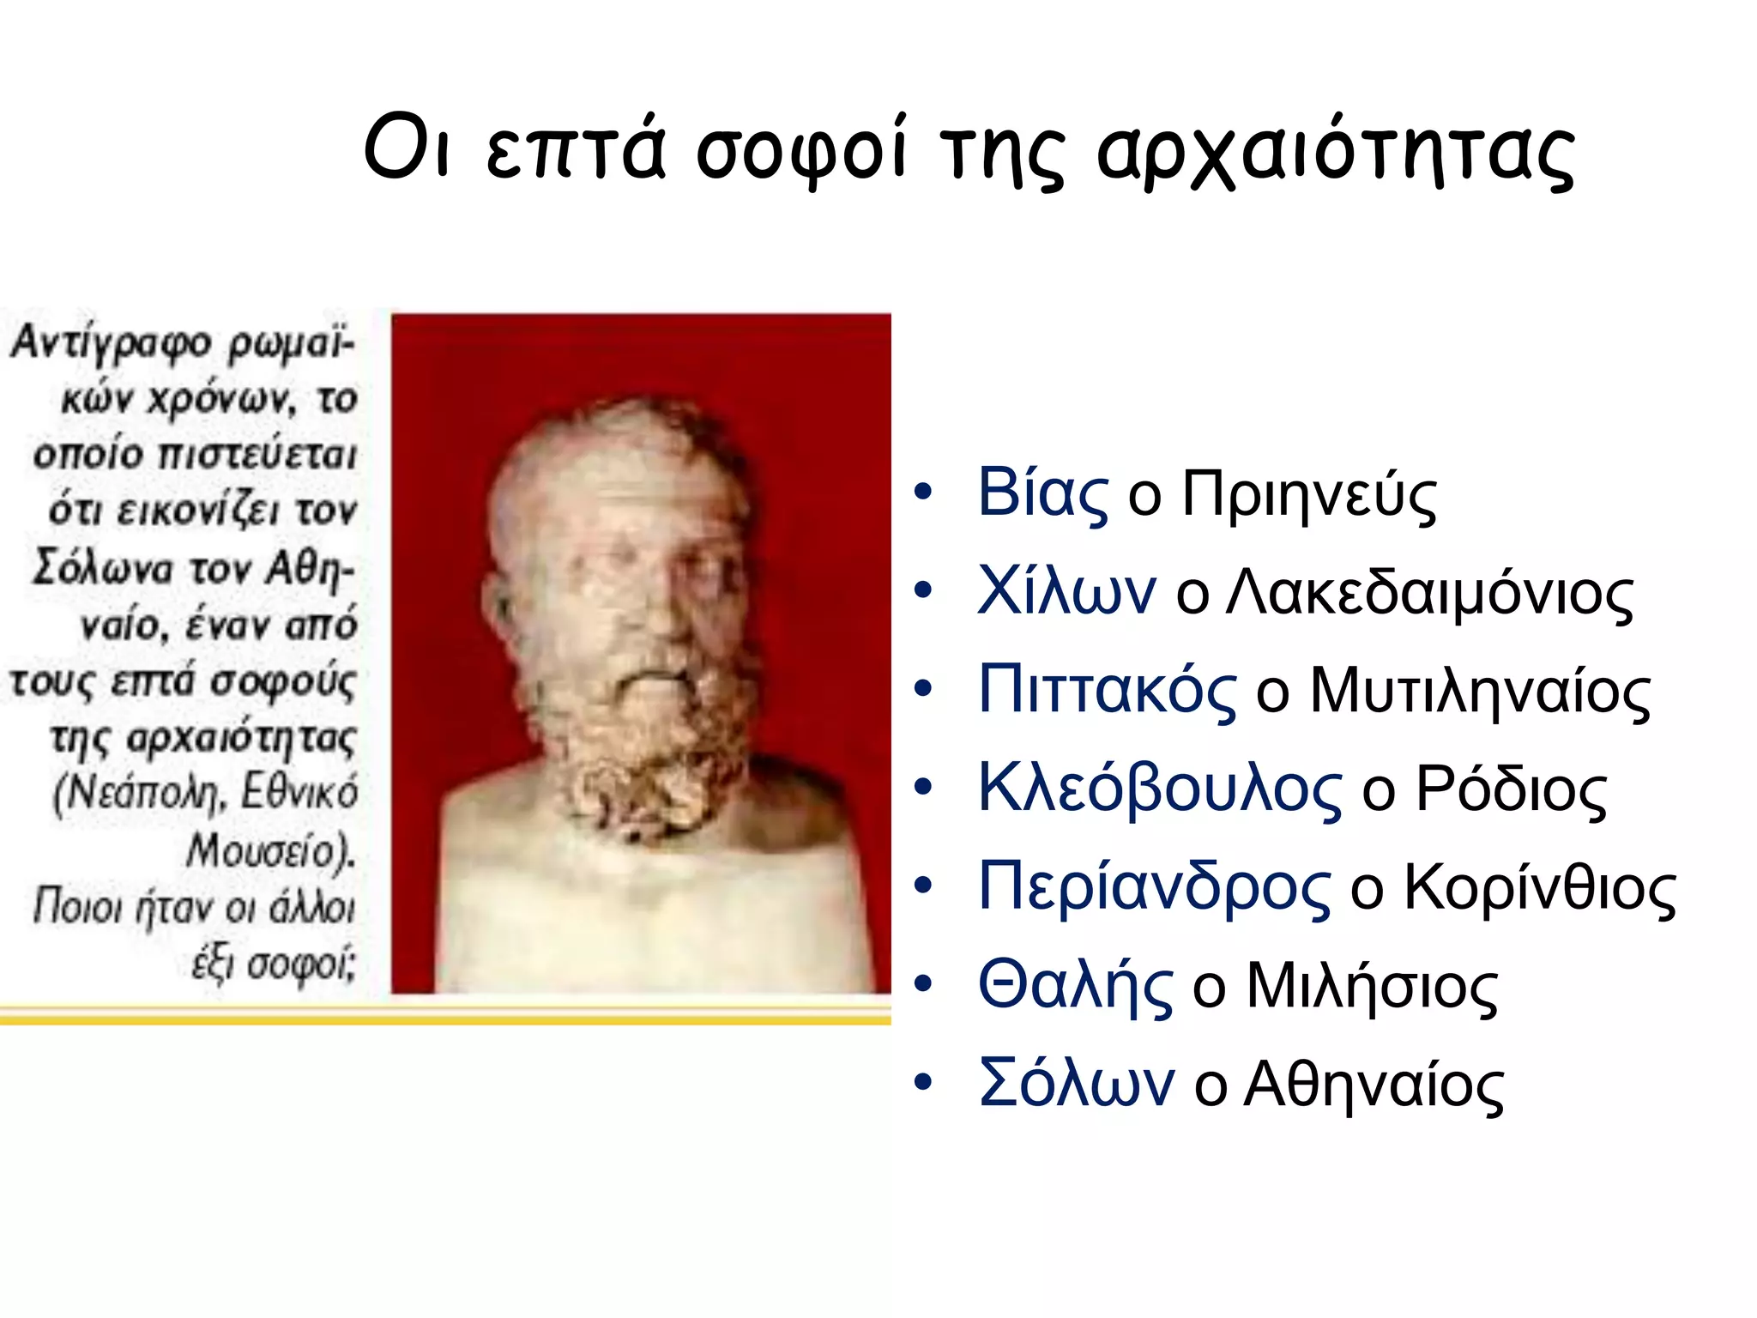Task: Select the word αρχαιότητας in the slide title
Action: (1335, 154)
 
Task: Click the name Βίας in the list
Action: (1042, 493)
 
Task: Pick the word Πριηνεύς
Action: (1308, 496)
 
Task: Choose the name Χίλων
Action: (1066, 591)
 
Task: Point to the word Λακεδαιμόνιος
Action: (1429, 594)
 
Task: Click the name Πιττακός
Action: (1107, 690)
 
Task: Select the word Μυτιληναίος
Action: (1479, 692)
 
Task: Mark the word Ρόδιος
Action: (1510, 789)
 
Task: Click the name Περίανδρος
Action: (1154, 887)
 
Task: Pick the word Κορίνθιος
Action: (1539, 889)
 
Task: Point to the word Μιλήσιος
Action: (1371, 987)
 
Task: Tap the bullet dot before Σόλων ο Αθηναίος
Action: (922, 1083)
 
